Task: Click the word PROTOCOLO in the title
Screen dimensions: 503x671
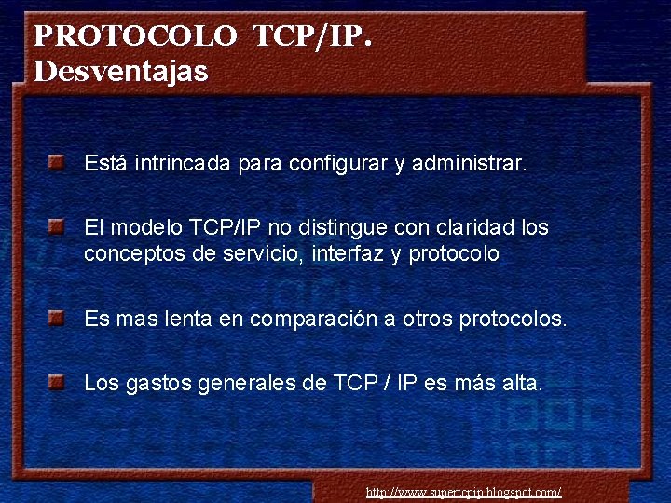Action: pos(135,37)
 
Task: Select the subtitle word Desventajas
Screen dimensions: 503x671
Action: pos(121,72)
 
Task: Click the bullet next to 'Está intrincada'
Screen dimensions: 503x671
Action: pos(58,163)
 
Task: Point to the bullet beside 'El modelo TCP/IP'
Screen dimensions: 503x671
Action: pos(58,226)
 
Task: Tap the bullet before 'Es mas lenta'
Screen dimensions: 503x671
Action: pos(58,318)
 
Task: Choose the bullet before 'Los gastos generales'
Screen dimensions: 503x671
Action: pos(58,381)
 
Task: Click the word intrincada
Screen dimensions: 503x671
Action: pos(183,164)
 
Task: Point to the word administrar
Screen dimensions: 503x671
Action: pos(469,164)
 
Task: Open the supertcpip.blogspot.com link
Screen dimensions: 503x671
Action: pos(463,492)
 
